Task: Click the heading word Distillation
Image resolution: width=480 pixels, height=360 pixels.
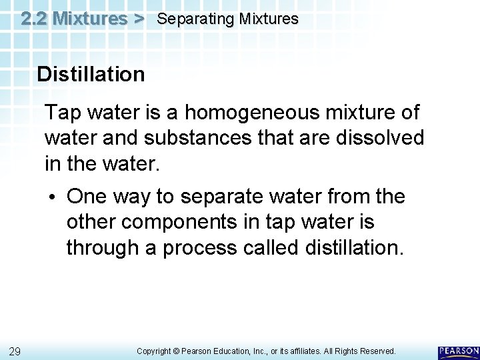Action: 91,74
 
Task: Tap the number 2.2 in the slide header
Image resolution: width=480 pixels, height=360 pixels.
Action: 33,18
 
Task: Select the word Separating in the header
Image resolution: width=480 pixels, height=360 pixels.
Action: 189,19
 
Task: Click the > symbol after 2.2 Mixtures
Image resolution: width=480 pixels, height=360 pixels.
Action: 138,18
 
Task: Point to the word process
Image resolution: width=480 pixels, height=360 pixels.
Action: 200,247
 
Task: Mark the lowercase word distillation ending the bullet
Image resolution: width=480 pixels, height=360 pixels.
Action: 354,247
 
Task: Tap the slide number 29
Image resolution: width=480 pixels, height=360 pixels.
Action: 15,351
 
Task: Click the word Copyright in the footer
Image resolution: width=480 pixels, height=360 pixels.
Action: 155,351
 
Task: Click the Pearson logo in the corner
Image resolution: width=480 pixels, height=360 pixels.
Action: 459,351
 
